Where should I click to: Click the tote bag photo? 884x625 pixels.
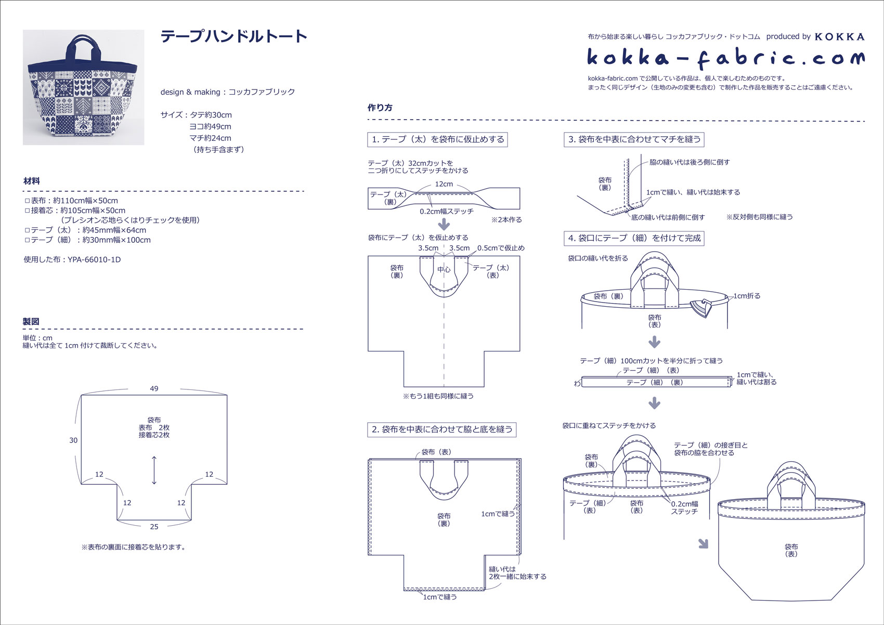coord(83,87)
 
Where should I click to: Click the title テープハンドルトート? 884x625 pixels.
coord(234,36)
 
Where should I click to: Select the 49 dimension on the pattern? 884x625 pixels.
coord(154,388)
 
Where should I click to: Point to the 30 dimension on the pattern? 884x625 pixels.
coord(73,440)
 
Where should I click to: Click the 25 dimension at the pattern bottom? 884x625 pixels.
coord(154,527)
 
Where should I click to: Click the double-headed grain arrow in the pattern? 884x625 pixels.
coord(154,470)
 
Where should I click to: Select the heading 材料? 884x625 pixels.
coord(32,181)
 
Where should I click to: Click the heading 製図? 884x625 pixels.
coord(31,321)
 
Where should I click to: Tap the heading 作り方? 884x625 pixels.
coord(380,108)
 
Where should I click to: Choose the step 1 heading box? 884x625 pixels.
coord(437,139)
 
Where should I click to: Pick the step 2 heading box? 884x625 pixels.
coord(441,429)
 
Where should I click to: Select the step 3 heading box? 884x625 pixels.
coord(634,139)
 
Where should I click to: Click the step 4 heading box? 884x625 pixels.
coord(634,238)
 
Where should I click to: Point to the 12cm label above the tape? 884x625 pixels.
coord(444,184)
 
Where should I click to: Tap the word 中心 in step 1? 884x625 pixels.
coord(444,269)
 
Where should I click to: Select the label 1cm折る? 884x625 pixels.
coord(747,296)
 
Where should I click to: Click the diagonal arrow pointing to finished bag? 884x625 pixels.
coord(703,544)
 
